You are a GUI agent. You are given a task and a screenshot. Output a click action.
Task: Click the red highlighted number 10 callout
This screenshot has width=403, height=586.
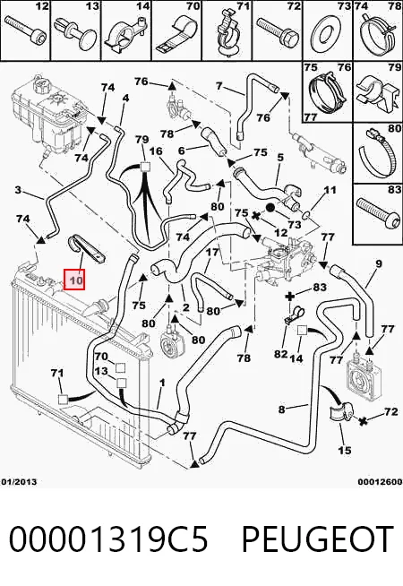(x=74, y=280)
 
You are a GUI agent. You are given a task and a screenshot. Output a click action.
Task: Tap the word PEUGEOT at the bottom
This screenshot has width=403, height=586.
(x=317, y=539)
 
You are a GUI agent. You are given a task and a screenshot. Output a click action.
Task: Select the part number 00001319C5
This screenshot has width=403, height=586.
(x=108, y=539)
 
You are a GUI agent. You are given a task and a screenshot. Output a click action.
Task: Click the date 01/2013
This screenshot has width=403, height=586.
(x=19, y=482)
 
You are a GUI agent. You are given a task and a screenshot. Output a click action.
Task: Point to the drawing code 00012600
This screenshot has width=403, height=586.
(x=380, y=482)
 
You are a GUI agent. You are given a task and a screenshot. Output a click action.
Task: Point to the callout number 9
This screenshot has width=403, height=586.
(x=378, y=263)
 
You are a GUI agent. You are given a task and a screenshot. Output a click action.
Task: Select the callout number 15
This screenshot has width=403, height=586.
(x=344, y=450)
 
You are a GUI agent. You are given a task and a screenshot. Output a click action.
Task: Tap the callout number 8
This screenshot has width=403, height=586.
(x=281, y=409)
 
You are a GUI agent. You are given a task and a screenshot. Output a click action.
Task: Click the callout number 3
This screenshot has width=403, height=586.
(x=18, y=190)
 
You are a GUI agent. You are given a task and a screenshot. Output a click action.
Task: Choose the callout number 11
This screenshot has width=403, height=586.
(x=330, y=190)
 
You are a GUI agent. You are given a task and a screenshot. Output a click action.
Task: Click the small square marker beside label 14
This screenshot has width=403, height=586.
(x=302, y=331)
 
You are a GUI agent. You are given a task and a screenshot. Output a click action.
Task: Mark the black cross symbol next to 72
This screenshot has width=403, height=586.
(x=362, y=421)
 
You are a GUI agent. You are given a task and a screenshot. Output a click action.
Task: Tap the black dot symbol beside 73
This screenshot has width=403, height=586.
(x=270, y=208)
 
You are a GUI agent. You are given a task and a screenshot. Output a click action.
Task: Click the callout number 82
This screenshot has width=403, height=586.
(x=280, y=353)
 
